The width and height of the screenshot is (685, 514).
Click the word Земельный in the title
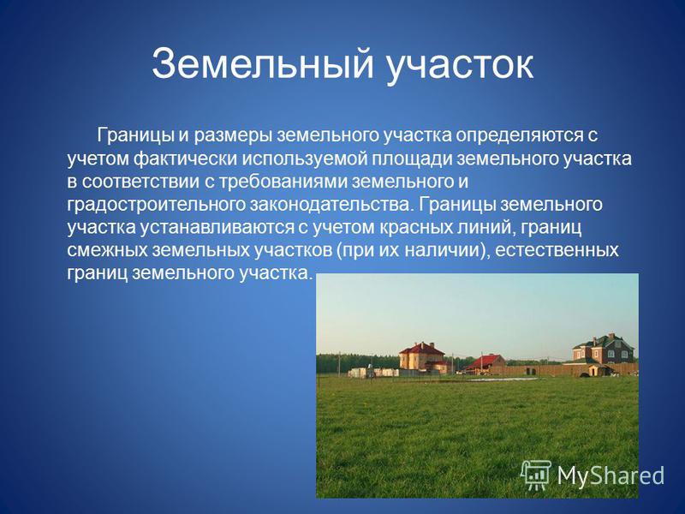pyautogui.click(x=263, y=64)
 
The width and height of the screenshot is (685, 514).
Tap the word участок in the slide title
pyautogui.click(x=460, y=68)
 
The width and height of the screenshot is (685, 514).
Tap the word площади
pyautogui.click(x=412, y=159)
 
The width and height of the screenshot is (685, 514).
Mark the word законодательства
pyautogui.click(x=331, y=204)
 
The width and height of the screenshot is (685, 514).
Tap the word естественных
pyautogui.click(x=557, y=250)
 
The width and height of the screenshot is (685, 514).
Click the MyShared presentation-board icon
pyautogui.click(x=537, y=475)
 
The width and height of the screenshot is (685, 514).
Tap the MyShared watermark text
pyautogui.click(x=611, y=475)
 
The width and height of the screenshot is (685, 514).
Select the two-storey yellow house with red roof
pyautogui.click(x=421, y=357)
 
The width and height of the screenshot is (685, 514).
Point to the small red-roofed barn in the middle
pyautogui.click(x=484, y=363)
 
